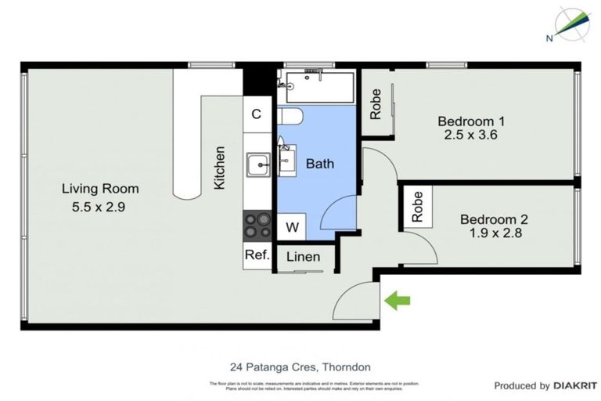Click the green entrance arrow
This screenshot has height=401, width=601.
point(398,300)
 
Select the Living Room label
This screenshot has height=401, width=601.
point(101,188)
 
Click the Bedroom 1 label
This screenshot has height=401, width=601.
point(470,121)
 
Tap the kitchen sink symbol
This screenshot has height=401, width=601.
point(257,164)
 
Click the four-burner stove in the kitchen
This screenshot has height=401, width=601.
point(257,226)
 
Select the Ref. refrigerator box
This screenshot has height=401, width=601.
point(257,255)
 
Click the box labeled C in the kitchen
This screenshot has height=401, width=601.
point(256,114)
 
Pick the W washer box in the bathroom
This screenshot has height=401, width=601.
point(291,227)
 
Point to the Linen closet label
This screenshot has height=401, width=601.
point(302,257)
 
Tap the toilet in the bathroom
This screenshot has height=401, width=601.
point(290,117)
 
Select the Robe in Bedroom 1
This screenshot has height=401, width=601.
point(376,103)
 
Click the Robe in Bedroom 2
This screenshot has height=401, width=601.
point(417,207)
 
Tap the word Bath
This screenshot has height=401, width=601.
point(319,164)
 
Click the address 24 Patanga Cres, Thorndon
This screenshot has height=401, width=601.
point(300,367)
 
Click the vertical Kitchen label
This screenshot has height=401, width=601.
point(220,168)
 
